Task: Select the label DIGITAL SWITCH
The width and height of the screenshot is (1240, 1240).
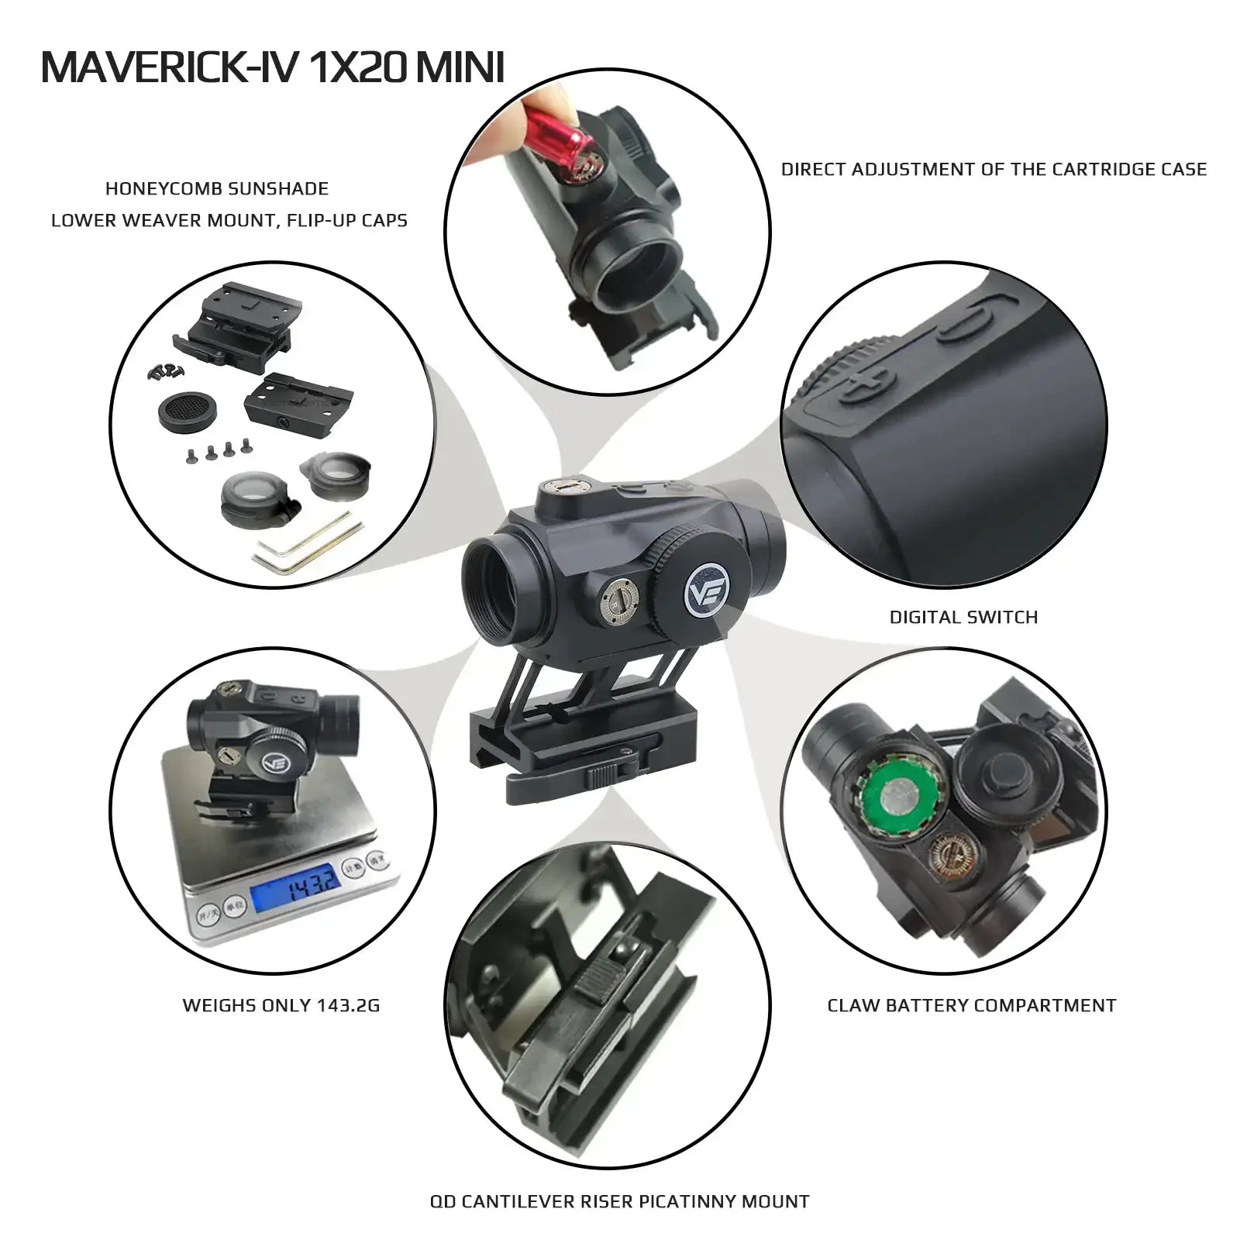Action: [963, 618]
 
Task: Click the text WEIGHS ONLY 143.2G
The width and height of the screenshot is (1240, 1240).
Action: [281, 1005]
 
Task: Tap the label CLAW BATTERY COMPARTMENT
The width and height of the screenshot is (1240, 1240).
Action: [972, 1005]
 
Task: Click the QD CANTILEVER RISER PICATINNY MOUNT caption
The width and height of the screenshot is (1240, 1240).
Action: [619, 1201]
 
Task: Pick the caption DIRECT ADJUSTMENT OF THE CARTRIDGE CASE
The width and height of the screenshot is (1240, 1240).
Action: [994, 169]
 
